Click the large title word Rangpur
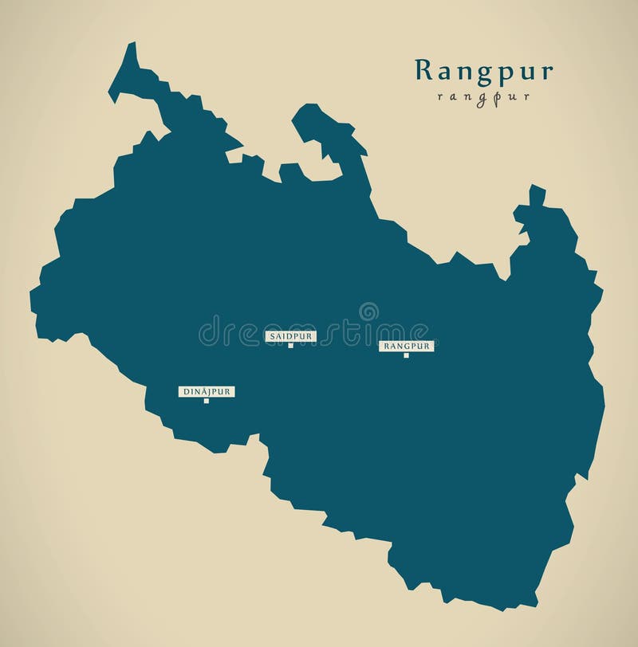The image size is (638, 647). (x=483, y=71)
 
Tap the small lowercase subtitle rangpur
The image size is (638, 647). (x=483, y=97)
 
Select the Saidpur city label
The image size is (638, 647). (x=290, y=337)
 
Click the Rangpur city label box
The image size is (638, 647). (x=406, y=347)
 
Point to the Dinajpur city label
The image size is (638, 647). (x=207, y=392)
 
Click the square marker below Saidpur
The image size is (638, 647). (x=290, y=346)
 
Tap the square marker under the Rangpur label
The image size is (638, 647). (x=406, y=355)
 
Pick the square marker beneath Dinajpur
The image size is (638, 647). (x=207, y=401)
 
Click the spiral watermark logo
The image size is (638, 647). (x=368, y=312)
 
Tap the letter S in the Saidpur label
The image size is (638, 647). (x=272, y=337)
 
